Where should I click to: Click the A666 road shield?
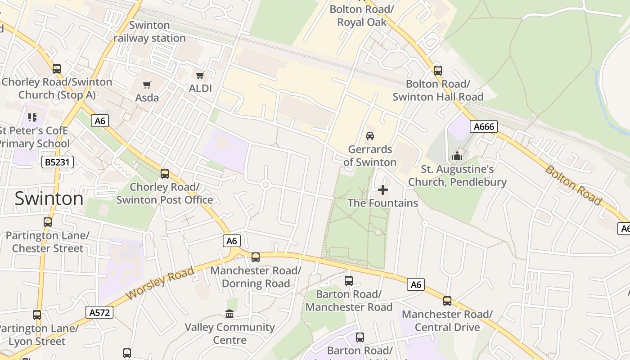coord(484,127)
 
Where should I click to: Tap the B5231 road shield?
coord(58,162)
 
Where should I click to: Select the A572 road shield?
coord(99,312)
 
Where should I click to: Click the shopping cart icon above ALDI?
coord(200,75)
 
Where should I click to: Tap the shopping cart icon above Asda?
coord(147,85)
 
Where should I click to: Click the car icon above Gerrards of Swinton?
coord(369,135)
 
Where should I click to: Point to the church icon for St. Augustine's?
coord(457,156)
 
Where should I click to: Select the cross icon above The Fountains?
coord(383,190)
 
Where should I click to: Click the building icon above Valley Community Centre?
coord(229,314)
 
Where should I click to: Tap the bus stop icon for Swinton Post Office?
coord(165,173)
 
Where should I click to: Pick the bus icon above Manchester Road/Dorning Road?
coord(256,257)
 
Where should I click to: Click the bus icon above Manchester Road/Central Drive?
coord(447,301)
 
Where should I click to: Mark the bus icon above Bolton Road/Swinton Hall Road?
coord(438,70)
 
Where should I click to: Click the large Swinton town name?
coord(49,198)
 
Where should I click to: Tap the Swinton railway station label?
coord(149,31)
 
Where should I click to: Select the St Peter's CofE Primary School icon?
coord(32,117)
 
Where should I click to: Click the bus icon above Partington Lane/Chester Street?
coord(48,222)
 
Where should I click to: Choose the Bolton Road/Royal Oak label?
coord(362,15)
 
